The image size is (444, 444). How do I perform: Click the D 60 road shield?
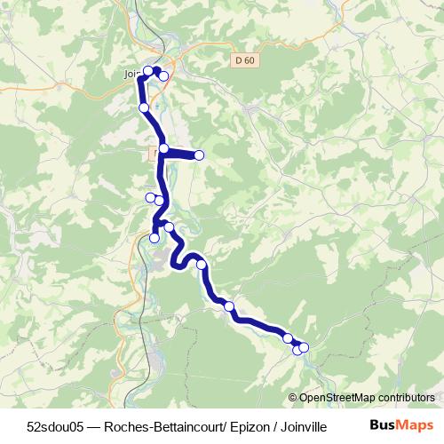245,59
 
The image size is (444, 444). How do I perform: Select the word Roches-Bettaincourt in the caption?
161,426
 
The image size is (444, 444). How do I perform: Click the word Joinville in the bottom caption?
303,426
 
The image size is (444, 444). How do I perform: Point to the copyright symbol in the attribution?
293,398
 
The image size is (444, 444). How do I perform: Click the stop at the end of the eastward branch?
199,155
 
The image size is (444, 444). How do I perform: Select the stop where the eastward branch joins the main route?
164,148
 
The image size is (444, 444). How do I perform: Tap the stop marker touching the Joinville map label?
148,72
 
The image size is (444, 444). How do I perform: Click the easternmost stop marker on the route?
304,347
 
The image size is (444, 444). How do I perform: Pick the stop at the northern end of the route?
157,70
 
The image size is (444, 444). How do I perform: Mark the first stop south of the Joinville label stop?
144,107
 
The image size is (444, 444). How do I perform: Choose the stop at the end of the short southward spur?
155,238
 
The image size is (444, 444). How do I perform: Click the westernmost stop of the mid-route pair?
149,196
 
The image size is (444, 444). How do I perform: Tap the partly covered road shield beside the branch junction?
152,154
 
